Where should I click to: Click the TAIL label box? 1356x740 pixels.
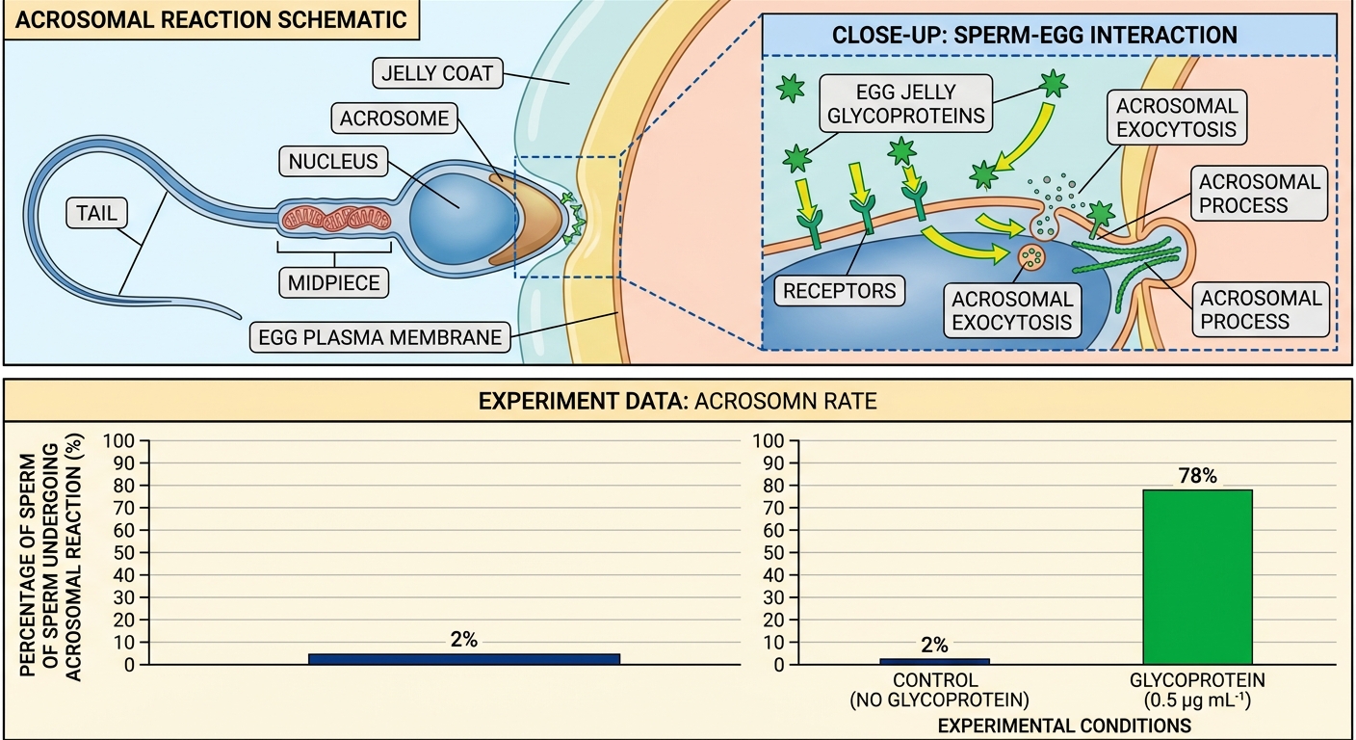coord(97,213)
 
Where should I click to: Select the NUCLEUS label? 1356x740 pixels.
coord(333,161)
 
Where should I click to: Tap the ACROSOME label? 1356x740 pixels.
coord(394,119)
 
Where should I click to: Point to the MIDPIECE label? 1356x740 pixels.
coord(333,282)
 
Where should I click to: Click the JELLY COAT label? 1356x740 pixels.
coord(437,73)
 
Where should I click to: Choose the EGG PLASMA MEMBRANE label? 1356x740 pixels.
coord(379,336)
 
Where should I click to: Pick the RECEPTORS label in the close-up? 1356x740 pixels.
coord(839,291)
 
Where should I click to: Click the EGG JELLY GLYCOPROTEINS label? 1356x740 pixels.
coord(905,103)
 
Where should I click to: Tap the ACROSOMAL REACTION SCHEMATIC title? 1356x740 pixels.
coord(211,20)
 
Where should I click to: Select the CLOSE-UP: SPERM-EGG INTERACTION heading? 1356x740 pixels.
coord(1034,35)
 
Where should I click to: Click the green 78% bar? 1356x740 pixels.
coord(1197,576)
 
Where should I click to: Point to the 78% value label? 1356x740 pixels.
coord(1197,476)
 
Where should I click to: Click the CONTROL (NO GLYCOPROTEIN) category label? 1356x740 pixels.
coord(940,690)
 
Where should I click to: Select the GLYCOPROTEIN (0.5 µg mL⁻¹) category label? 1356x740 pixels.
coord(1197,690)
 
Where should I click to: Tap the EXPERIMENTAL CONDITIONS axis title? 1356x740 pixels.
coord(1064,726)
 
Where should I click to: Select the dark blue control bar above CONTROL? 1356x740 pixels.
coord(934,661)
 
